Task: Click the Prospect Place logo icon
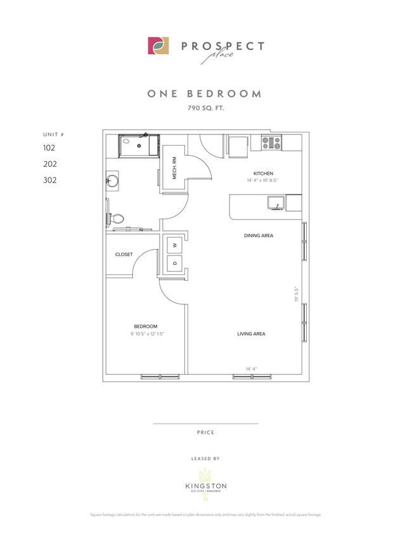158,46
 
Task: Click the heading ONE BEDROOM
205,94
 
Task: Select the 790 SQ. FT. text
205,109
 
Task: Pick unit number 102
49,148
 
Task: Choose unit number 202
49,164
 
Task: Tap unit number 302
49,180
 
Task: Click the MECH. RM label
175,167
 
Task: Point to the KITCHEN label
263,173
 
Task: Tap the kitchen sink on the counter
275,203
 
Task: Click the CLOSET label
124,254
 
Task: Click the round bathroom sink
112,181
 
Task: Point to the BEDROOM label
145,326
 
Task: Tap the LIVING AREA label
250,334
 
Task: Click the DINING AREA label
259,236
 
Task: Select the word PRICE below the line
205,432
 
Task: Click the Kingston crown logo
205,475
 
